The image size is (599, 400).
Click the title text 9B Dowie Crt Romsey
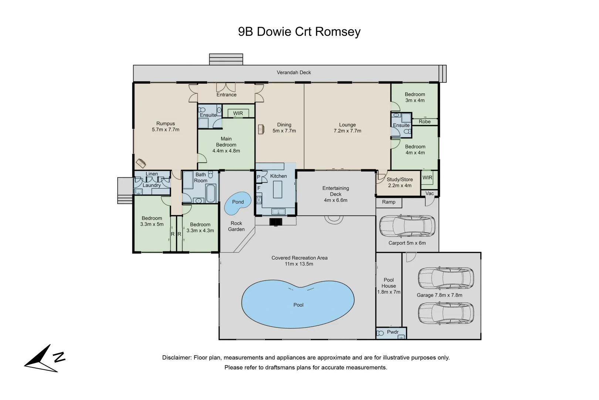pos(299,32)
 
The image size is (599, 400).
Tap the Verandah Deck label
pos(294,73)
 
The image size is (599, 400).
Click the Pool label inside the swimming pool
pos(298,305)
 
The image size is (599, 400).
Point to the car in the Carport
pos(407,226)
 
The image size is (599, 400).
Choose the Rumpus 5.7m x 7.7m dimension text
pos(165,130)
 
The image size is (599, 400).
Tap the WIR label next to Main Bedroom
pos(238,113)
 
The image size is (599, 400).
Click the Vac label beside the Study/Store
pos(429,193)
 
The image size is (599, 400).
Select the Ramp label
pos(389,202)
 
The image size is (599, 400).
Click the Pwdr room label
pos(392,332)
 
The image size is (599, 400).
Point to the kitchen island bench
pos(277,189)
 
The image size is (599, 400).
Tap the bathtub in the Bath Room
pos(210,193)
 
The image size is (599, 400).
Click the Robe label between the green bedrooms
pos(424,121)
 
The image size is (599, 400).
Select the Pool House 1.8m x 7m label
pos(389,286)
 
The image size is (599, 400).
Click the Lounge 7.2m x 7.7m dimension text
pos(347,131)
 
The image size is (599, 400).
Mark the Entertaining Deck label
pos(335,191)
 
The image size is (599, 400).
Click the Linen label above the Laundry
pos(152,174)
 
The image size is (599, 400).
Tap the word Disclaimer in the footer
pos(176,358)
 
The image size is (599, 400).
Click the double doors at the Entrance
pos(226,87)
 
